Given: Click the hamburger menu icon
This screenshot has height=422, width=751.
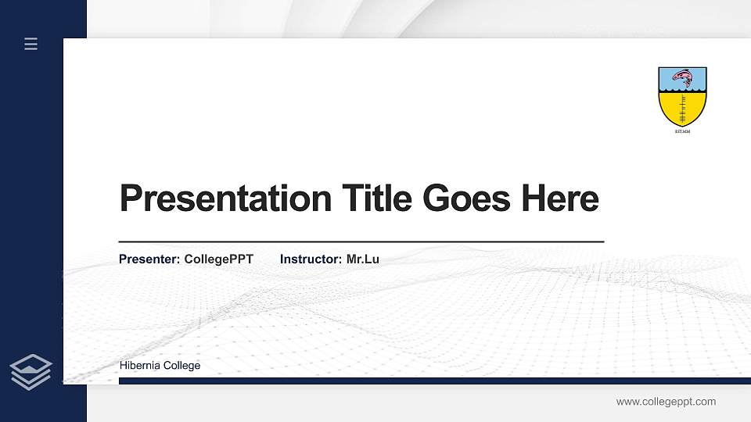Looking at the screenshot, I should [x=31, y=44].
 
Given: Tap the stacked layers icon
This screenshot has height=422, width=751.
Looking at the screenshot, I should [x=31, y=371].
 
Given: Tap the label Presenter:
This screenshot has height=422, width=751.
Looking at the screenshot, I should [x=149, y=259].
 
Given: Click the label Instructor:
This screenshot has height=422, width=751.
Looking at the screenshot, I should [x=311, y=259].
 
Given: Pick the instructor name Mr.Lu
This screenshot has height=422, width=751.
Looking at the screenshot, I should [x=362, y=259].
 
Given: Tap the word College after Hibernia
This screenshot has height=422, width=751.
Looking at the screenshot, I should [x=182, y=366].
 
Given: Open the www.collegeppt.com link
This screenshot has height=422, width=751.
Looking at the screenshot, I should [x=666, y=402].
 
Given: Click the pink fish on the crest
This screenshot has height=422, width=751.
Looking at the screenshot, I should [x=683, y=78].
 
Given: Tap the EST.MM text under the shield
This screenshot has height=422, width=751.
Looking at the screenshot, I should [x=683, y=131].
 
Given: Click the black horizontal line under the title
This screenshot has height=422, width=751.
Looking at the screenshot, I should [x=361, y=242].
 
